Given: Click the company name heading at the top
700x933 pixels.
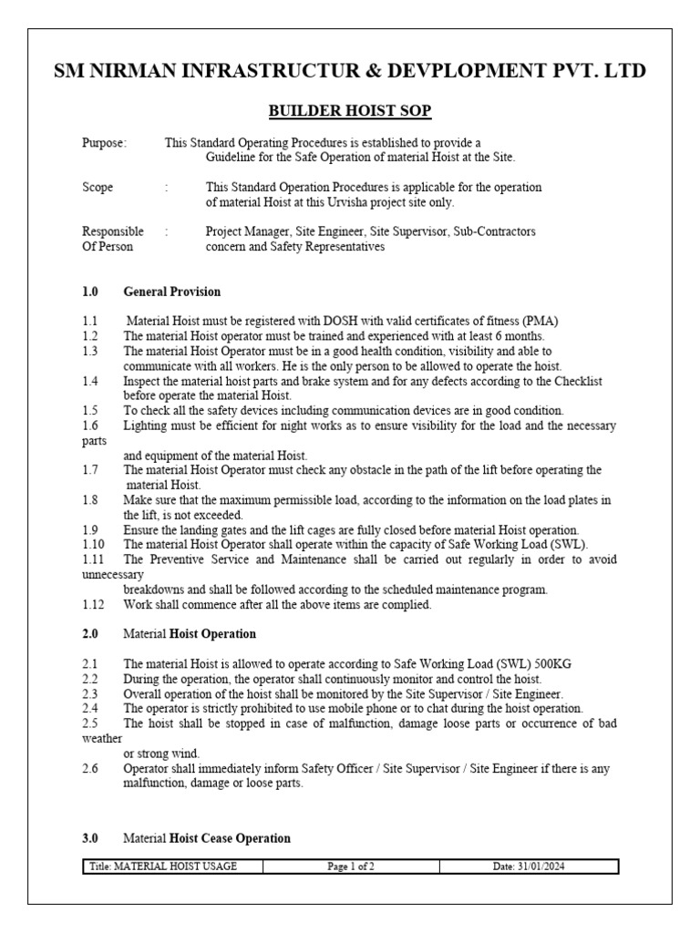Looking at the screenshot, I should [350, 71].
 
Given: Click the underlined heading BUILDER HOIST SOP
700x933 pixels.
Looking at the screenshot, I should [349, 111].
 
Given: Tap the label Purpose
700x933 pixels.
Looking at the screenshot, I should [105, 143].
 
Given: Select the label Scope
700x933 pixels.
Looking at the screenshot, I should [98, 187].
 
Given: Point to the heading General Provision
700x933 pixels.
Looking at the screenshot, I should [172, 292].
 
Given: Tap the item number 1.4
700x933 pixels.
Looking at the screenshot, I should [89, 381].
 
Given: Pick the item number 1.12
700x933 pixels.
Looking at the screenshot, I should [92, 604].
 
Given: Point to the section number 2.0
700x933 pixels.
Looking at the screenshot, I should [89, 633].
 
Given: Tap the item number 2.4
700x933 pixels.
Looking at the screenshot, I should [89, 708].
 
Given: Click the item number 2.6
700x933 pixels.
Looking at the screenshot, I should [89, 768].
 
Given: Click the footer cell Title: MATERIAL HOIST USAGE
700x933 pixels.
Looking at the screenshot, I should [163, 866].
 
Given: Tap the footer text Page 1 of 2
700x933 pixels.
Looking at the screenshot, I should [351, 866].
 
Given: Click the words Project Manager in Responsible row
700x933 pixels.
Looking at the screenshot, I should [244, 231].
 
